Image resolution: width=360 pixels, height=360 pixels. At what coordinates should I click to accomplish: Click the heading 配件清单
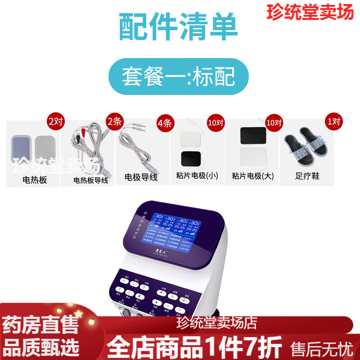(179, 27)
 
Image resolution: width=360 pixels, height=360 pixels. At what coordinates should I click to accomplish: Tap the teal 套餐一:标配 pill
(179, 76)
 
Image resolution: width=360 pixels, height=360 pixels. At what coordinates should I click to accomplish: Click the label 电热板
(35, 180)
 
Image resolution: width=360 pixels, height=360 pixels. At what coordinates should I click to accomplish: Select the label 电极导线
(141, 177)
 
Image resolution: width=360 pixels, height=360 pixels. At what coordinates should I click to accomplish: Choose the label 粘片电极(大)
(252, 175)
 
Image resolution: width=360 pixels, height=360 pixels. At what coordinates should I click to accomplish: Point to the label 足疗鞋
(309, 176)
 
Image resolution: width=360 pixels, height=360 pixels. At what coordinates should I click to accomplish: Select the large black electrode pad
(254, 135)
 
